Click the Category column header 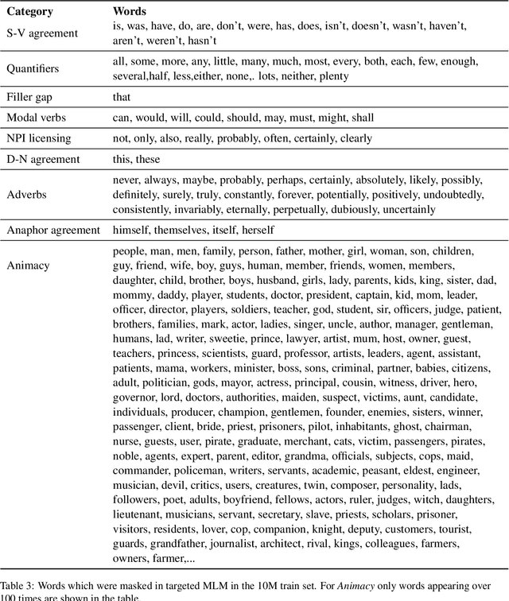click(30, 13)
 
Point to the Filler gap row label click(31, 97)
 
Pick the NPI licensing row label click(39, 138)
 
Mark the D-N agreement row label click(43, 159)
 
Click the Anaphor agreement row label click(53, 230)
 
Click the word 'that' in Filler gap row click(122, 97)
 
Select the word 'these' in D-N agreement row click(151, 159)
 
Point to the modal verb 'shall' click(360, 118)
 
